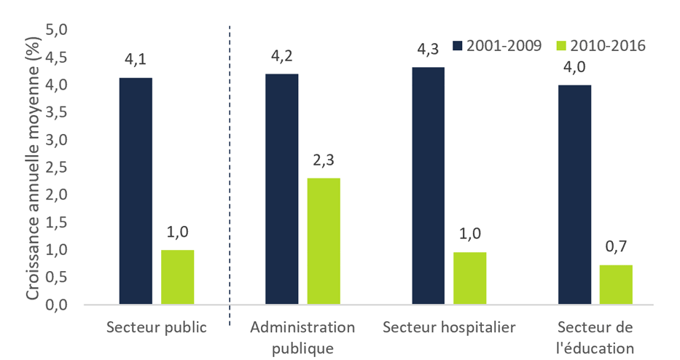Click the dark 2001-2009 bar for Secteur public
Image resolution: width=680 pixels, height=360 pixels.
point(136,191)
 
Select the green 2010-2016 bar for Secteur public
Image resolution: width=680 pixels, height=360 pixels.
point(177,277)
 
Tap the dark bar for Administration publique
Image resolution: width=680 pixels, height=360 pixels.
point(281,189)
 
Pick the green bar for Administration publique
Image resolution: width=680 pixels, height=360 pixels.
point(324,241)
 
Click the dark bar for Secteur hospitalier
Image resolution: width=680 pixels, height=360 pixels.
point(428,186)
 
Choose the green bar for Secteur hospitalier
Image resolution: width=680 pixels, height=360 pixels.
point(469,278)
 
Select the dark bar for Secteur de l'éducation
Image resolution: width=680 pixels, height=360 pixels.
point(574,195)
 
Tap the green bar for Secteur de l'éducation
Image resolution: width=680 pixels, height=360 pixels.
point(616,285)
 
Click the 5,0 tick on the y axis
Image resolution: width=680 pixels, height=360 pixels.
point(56,30)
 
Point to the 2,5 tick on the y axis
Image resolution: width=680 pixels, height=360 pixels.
point(56,168)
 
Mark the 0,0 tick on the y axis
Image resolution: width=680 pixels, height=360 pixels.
point(56,305)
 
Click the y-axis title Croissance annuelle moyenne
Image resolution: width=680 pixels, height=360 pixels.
point(33,167)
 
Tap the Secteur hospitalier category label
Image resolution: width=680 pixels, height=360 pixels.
point(450,326)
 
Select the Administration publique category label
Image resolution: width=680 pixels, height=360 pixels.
point(302,337)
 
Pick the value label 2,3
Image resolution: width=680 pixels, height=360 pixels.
point(324,160)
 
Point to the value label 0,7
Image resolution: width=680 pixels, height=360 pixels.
point(616,249)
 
